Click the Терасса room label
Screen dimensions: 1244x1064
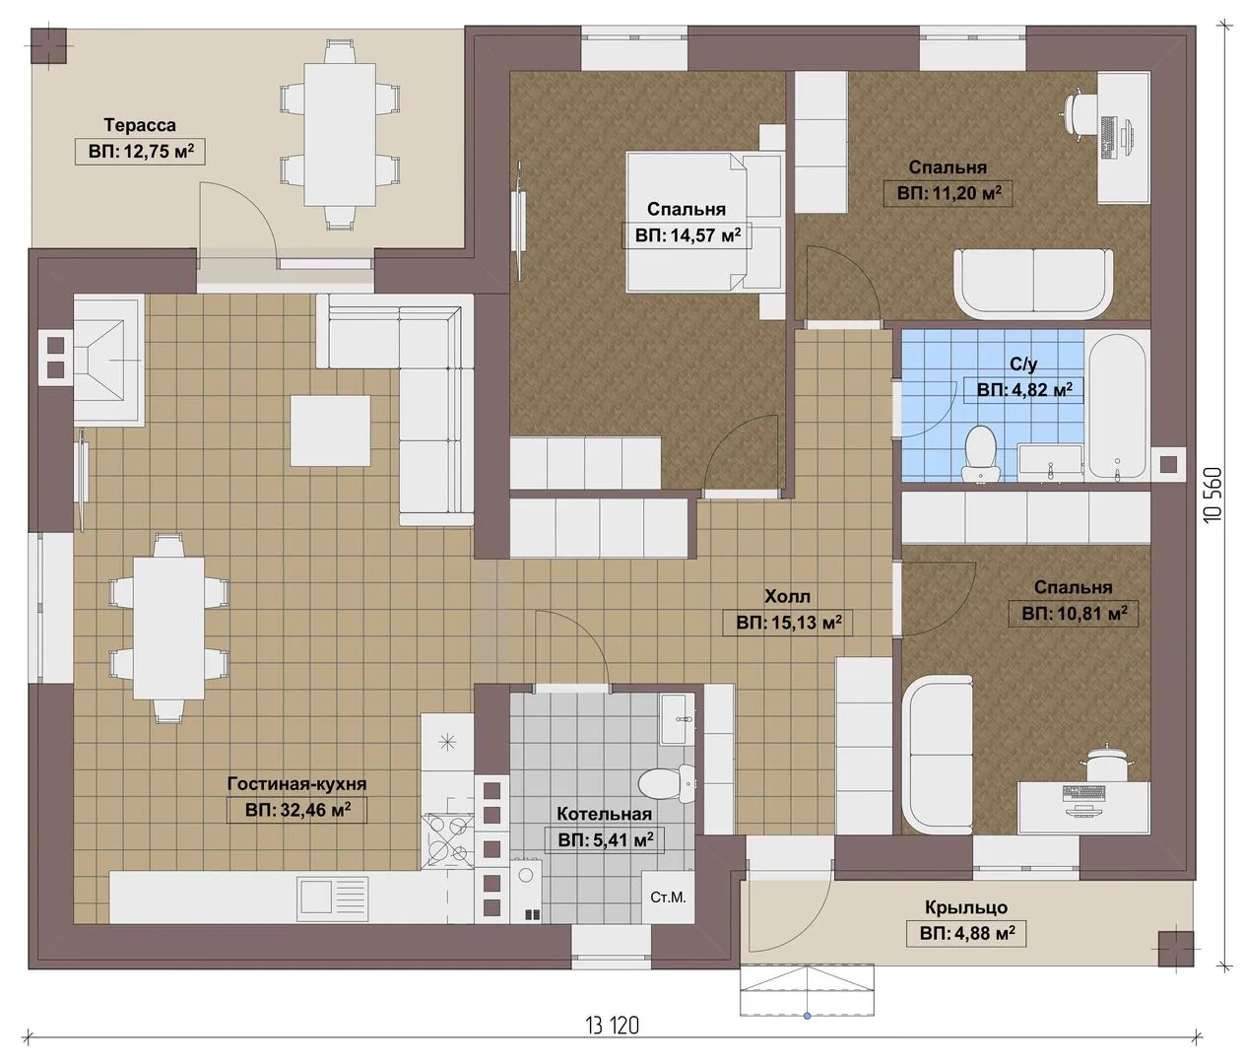coord(140,125)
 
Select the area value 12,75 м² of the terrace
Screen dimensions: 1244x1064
coord(140,152)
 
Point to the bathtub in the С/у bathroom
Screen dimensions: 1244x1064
coord(1118,408)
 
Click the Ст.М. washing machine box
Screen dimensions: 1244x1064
coord(668,898)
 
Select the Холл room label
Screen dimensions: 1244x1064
coord(787,597)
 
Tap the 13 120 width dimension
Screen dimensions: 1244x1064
coord(612,1026)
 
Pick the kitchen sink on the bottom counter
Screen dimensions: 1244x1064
coord(333,898)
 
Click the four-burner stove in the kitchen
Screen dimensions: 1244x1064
coord(447,840)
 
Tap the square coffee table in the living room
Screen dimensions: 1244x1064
coord(330,431)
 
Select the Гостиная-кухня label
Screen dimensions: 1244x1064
coord(296,784)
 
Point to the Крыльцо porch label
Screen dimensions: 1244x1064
coord(966,906)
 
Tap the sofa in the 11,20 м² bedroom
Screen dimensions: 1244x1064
coord(1033,284)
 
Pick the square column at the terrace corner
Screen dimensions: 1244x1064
coord(48,45)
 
